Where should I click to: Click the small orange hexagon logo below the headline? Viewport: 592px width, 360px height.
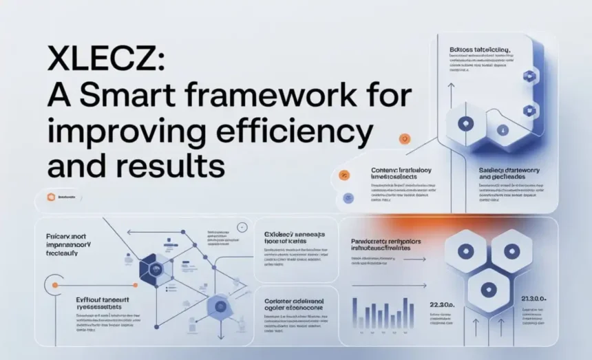[50, 198]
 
